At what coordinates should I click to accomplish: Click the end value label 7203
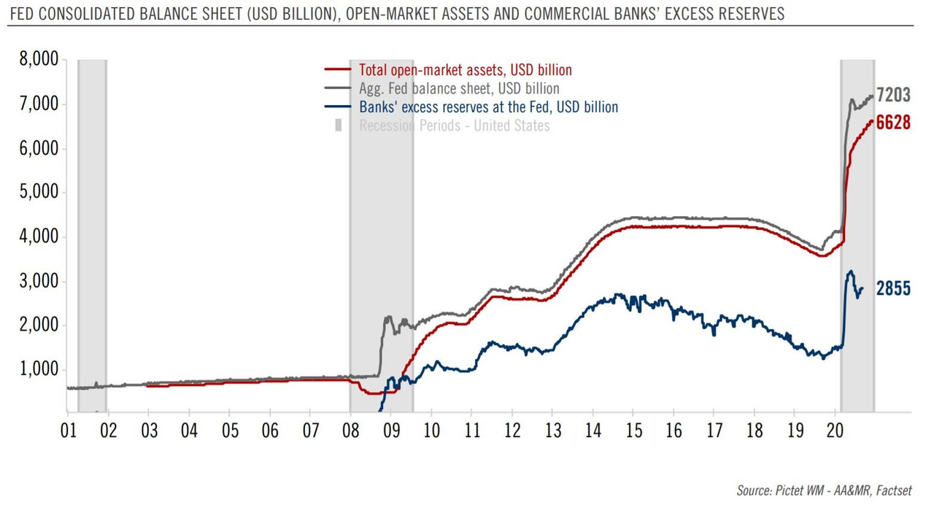pyautogui.click(x=893, y=95)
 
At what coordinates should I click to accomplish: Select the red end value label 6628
pyautogui.click(x=893, y=123)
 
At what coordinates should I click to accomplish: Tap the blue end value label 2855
pyautogui.click(x=893, y=289)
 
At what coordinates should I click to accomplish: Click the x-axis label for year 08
pyautogui.click(x=351, y=431)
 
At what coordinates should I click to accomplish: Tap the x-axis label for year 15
pyautogui.click(x=633, y=431)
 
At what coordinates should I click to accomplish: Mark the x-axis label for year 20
pyautogui.click(x=835, y=431)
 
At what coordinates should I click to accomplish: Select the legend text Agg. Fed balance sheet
pyautogui.click(x=459, y=89)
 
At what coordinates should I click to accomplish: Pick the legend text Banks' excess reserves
pyautogui.click(x=488, y=107)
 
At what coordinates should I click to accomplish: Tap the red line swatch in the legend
pyautogui.click(x=338, y=71)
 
